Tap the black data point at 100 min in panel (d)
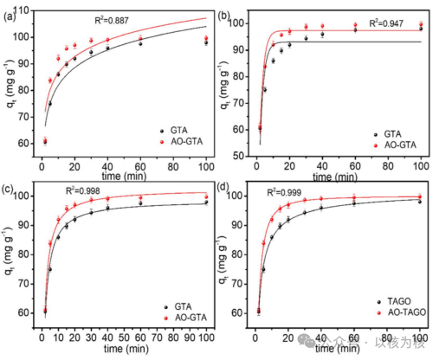(420, 200)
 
